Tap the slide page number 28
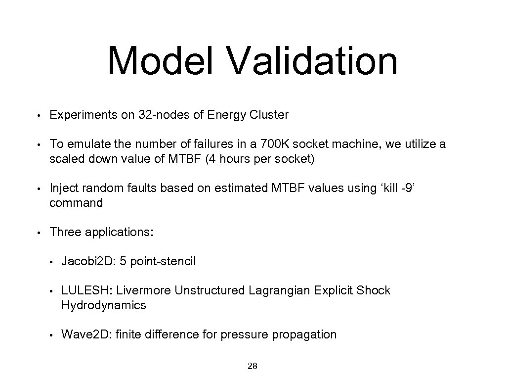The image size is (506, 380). [x=252, y=367]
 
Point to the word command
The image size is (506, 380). [x=76, y=203]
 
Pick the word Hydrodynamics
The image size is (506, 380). [x=104, y=305]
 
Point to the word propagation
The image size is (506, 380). [x=304, y=335]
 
